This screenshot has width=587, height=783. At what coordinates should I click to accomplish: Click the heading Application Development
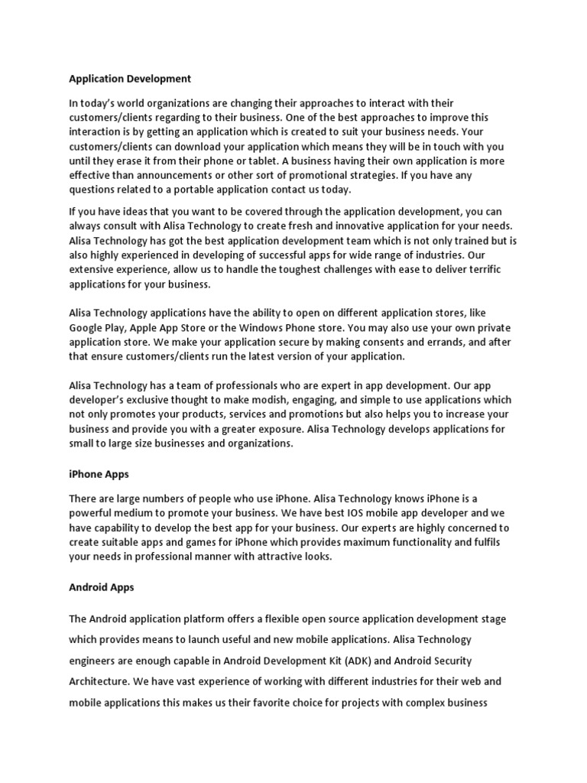[130, 79]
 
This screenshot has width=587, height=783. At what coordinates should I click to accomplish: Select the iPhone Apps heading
[99, 475]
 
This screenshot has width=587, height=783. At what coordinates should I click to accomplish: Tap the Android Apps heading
[102, 587]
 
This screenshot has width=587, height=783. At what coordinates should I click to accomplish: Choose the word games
[201, 543]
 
